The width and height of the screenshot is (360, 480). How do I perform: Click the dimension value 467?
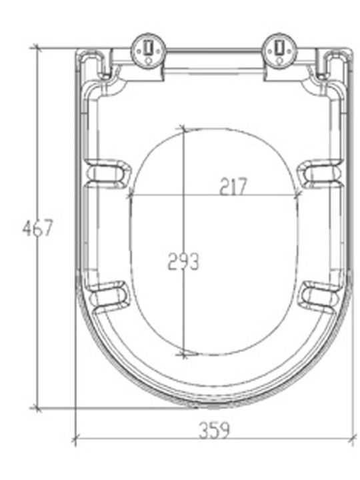pos(37,228)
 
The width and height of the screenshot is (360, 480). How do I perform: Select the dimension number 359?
pos(214,430)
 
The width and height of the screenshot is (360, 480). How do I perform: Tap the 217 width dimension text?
pos(233,186)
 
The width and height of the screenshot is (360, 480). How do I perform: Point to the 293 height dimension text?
pos(183,262)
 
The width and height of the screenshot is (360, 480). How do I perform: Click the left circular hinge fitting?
pos(149,51)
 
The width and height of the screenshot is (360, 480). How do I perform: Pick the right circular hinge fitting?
pos(280,51)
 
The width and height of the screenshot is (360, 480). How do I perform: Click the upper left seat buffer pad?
pos(108,173)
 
